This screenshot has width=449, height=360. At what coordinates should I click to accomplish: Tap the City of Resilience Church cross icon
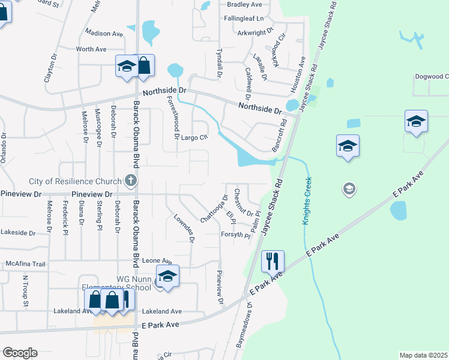pos(130,180)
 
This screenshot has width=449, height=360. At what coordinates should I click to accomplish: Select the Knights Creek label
pos(307,201)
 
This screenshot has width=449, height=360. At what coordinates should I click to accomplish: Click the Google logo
pos(20,353)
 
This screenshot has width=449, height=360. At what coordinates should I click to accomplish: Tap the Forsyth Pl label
pos(235,235)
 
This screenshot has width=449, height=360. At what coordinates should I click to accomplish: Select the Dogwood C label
pos(431,77)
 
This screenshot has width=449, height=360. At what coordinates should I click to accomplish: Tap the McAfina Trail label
pos(25,264)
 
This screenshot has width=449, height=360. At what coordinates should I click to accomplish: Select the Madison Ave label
pos(103,34)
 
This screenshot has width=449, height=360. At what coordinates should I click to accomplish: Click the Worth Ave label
pos(91,49)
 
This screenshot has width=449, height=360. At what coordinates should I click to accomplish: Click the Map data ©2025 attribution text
pos(423,355)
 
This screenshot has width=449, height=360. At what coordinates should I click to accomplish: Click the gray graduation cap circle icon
pos(348,190)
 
